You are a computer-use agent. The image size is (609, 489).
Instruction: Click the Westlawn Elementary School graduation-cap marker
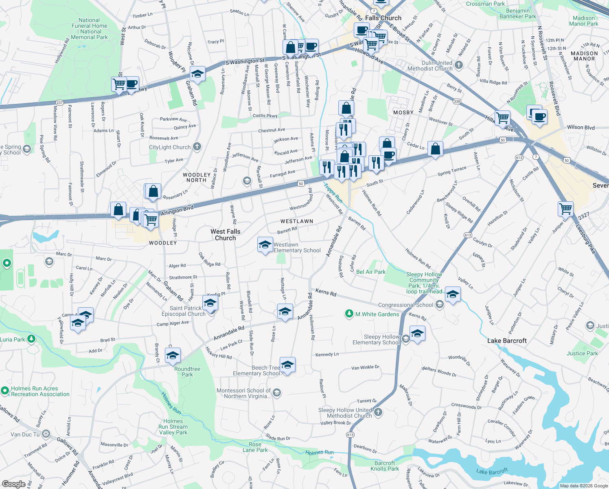[265, 245]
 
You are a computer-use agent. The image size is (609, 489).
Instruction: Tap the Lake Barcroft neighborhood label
[507, 341]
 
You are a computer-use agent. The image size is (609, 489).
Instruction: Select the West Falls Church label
[225, 235]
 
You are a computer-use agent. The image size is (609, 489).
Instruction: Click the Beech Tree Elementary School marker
[287, 365]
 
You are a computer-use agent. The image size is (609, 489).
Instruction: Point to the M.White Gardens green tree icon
[349, 314]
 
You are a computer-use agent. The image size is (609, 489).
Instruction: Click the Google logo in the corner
[14, 484]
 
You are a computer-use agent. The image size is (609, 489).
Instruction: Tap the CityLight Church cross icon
[197, 147]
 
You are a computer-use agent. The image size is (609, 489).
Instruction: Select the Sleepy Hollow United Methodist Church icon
[378, 412]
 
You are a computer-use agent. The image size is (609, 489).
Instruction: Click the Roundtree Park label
[187, 372]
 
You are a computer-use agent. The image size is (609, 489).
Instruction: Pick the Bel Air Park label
[370, 272]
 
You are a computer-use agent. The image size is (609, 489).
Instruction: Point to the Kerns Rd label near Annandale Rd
[326, 293]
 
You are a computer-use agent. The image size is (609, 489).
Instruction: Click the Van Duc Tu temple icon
[46, 434]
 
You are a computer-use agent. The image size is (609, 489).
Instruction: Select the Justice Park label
[582, 353]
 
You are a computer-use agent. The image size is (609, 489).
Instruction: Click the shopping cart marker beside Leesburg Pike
[565, 209]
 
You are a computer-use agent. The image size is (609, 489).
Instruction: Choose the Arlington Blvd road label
[177, 211]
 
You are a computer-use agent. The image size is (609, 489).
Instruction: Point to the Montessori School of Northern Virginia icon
[277, 393]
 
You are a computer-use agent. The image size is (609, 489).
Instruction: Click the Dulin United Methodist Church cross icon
[459, 65]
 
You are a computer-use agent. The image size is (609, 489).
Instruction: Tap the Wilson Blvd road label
[581, 127]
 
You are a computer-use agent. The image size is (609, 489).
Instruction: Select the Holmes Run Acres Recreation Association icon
[5, 391]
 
